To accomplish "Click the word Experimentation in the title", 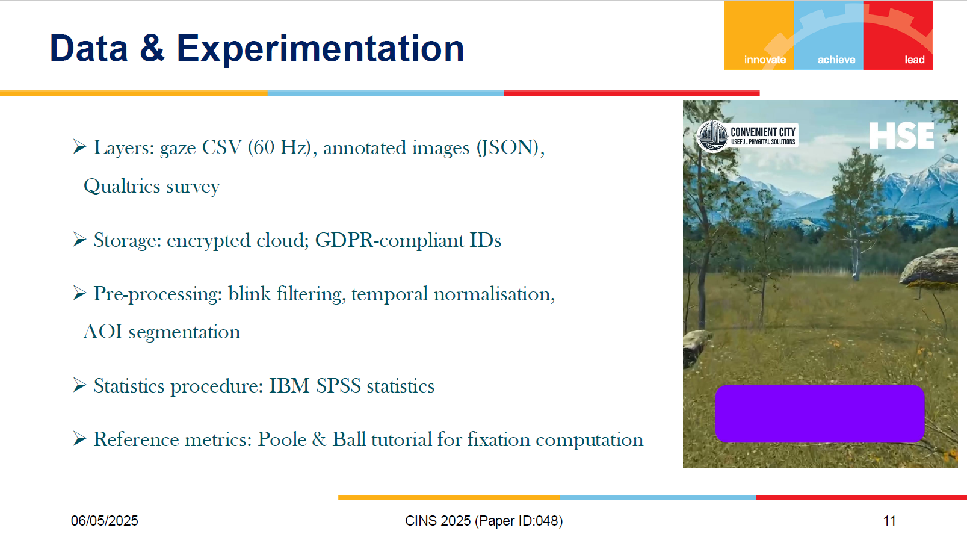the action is (x=320, y=49).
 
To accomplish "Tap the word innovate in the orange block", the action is (x=765, y=60).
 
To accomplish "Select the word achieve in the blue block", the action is (x=836, y=60).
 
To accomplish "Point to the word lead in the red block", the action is (x=915, y=60).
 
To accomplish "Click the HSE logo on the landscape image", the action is (x=901, y=135).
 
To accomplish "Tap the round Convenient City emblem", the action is (x=712, y=136).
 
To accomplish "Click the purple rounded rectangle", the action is (x=820, y=414).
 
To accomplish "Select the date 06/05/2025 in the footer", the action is (x=105, y=521).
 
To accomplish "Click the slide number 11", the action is (x=889, y=521).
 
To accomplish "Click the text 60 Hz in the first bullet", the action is (x=279, y=147).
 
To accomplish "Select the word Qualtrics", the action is (x=122, y=187).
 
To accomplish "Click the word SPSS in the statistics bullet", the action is (x=338, y=386).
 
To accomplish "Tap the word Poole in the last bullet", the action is (x=282, y=439).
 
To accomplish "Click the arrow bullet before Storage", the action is (x=79, y=240).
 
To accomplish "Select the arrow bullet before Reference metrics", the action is (x=79, y=438).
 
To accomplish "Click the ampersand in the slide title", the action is (x=152, y=48).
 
